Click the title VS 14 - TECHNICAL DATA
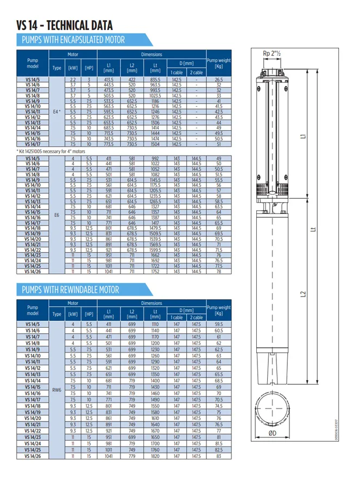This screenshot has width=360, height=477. [65, 25]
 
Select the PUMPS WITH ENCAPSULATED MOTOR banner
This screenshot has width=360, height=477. [73, 40]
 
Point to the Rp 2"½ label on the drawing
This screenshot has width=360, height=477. [271, 53]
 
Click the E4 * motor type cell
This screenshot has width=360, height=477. [57, 112]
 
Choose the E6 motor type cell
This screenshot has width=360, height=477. [57, 215]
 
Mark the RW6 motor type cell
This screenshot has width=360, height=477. [57, 390]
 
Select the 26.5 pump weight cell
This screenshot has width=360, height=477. [219, 80]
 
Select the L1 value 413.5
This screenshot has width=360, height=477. [109, 80]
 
